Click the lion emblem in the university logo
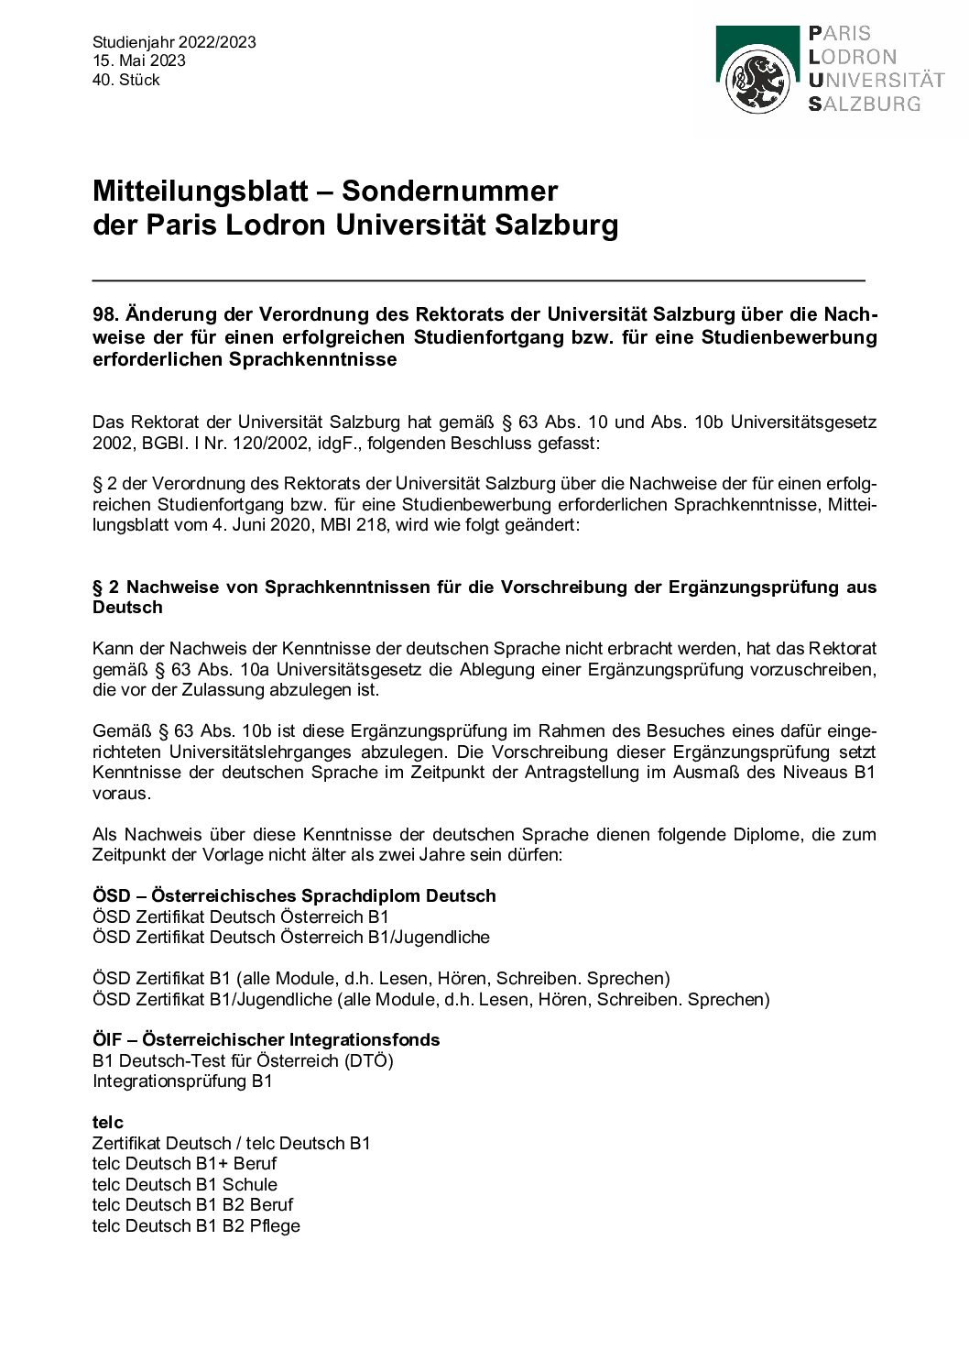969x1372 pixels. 757,82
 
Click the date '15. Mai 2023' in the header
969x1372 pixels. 138,60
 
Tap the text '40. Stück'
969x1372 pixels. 125,80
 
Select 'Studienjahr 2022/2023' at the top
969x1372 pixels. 174,42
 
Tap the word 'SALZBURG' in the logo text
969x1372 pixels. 864,104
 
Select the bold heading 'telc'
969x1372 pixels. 107,1123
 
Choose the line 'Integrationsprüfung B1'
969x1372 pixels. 182,1081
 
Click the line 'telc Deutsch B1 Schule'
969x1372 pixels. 184,1184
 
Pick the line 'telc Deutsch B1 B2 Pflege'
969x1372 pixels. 196,1225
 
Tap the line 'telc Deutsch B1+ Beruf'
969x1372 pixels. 184,1164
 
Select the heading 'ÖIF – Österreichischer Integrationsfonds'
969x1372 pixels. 266,1040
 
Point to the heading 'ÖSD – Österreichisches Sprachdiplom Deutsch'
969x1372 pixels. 294,896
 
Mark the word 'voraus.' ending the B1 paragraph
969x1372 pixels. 121,794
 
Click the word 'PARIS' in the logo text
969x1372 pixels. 840,34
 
